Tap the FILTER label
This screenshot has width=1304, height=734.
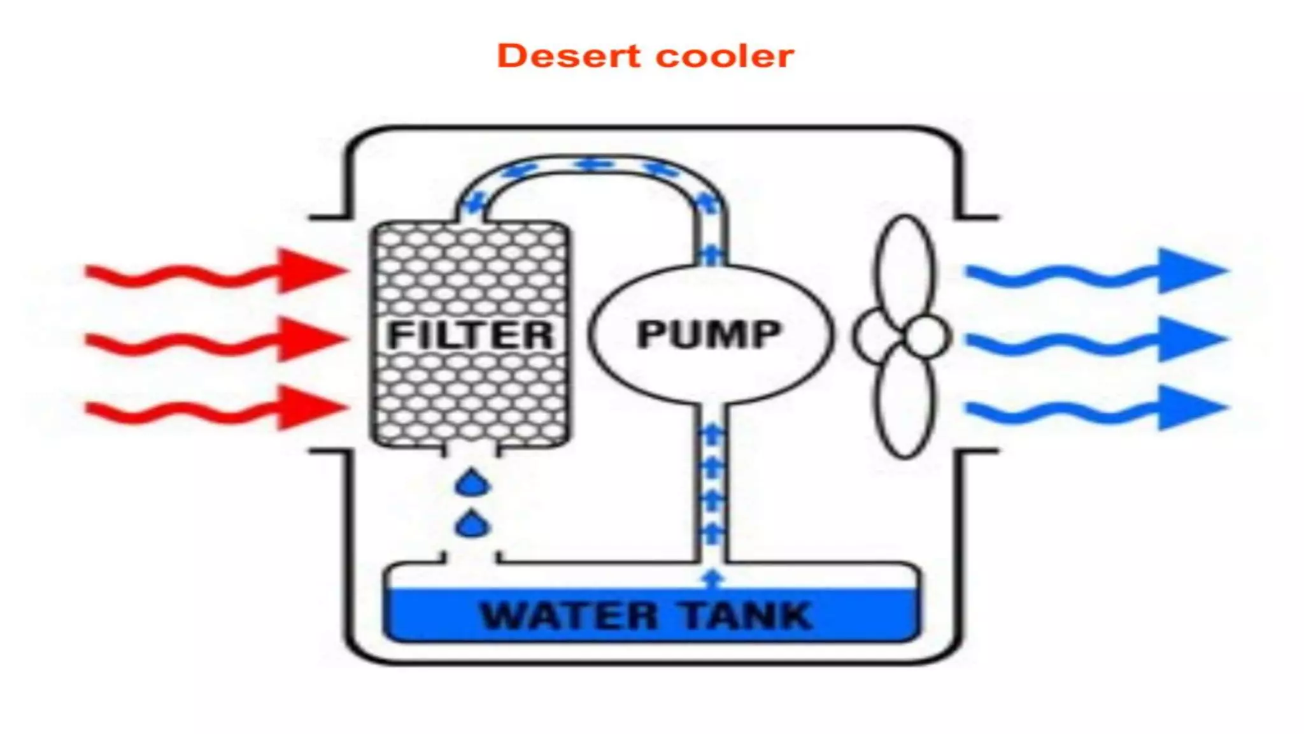click(470, 335)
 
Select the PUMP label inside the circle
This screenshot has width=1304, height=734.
click(709, 334)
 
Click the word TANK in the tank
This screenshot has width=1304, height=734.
click(746, 616)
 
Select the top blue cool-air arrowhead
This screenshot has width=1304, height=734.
click(1189, 271)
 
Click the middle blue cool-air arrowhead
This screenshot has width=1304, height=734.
click(1189, 339)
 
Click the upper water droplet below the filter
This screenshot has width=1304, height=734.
click(472, 484)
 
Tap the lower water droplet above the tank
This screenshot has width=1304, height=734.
click(472, 526)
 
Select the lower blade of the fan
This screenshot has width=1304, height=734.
click(905, 401)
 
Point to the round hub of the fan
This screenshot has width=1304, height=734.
click(926, 336)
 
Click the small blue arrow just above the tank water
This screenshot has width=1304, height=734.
click(712, 578)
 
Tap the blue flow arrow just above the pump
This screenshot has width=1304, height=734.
click(710, 255)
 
